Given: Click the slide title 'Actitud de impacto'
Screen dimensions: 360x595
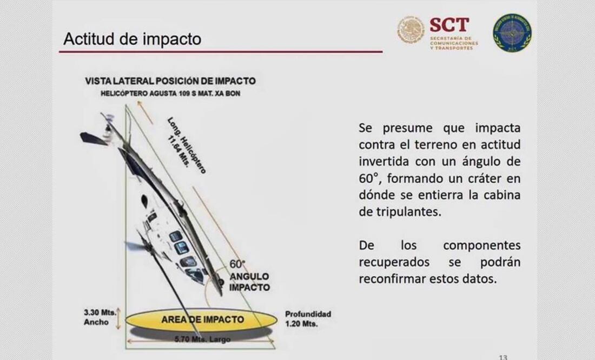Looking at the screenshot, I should click(132, 39).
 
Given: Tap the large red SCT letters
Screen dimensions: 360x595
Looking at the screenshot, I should click(449, 24).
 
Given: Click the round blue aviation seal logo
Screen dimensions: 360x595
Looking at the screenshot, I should click(512, 32).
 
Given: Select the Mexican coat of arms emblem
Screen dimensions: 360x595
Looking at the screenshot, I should click(412, 30).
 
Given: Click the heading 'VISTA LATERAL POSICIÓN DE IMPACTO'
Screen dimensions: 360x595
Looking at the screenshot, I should click(170, 81).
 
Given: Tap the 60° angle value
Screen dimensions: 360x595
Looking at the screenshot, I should click(237, 264).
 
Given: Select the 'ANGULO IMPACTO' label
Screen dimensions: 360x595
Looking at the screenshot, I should click(249, 282).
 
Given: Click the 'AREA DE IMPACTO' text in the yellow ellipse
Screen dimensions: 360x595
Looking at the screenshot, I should click(202, 319).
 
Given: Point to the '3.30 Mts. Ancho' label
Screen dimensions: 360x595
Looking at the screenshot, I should click(97, 317).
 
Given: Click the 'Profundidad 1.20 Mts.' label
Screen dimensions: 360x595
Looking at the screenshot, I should click(308, 319).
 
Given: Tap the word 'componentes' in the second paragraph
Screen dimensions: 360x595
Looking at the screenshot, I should click(481, 245).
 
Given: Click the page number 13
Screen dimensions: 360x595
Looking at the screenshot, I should click(503, 357).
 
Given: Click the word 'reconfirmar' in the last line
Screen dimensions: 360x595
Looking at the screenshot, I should click(392, 279).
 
